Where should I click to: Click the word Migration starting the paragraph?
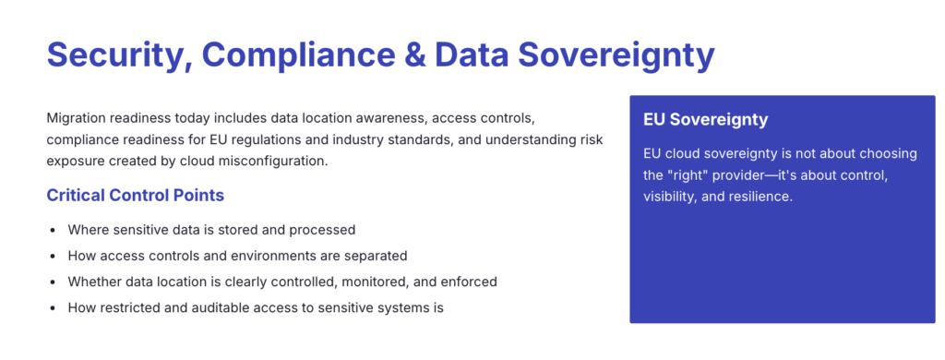78,119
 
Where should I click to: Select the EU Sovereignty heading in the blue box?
706,120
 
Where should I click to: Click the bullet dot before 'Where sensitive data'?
54,230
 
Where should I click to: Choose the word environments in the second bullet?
288,256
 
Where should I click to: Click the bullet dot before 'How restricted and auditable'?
54,307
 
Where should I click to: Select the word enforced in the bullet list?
467,282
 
